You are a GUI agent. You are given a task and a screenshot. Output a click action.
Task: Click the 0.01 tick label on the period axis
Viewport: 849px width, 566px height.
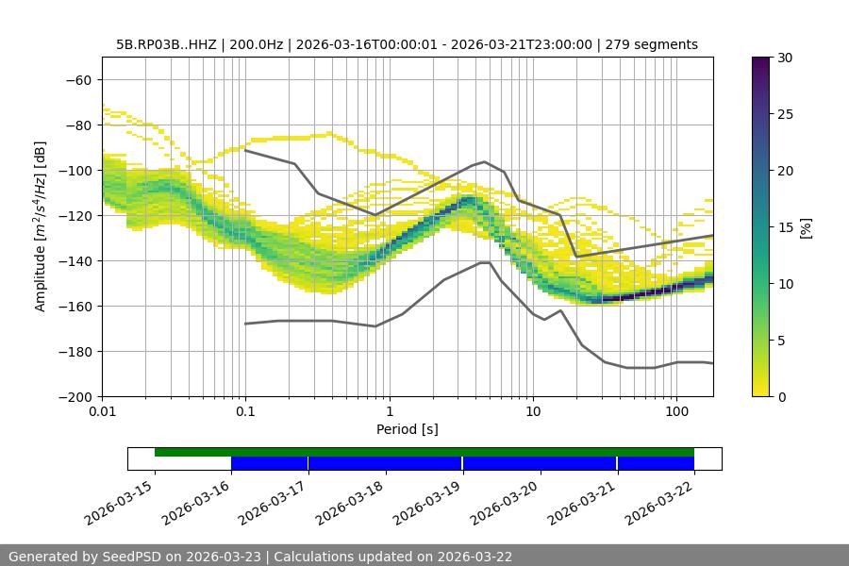pyautogui.click(x=102, y=412)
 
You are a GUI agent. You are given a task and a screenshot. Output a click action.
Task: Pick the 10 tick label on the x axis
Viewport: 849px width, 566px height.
pyautogui.click(x=533, y=412)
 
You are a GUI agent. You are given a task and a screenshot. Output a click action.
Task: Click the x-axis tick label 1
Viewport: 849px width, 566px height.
pyautogui.click(x=390, y=412)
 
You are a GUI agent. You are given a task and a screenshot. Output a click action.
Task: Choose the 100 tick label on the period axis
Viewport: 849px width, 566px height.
pyautogui.click(x=676, y=412)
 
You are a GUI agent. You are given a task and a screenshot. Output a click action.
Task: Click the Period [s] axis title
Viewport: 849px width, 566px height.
pyautogui.click(x=408, y=430)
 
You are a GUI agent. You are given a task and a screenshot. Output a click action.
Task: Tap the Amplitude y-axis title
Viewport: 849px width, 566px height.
pyautogui.click(x=41, y=226)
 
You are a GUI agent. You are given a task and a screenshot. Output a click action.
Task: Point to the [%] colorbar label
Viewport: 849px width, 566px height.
pyautogui.click(x=806, y=227)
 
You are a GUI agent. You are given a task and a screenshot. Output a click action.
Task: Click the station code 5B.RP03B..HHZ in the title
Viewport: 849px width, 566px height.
pyautogui.click(x=166, y=45)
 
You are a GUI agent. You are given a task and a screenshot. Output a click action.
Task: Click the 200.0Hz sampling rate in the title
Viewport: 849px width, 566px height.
pyautogui.click(x=253, y=45)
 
